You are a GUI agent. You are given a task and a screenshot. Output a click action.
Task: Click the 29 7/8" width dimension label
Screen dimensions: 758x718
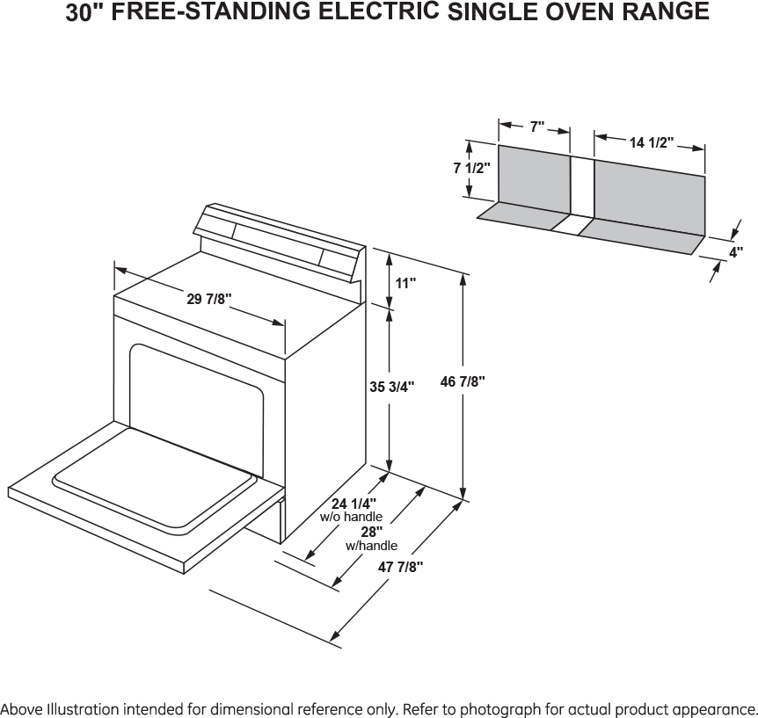point(209,299)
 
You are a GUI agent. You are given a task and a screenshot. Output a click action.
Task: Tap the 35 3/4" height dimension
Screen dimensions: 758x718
point(392,387)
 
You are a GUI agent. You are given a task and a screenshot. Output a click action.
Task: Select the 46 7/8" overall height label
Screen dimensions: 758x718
point(463,381)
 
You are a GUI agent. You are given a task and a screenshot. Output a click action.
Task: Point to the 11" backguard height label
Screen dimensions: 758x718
point(405,283)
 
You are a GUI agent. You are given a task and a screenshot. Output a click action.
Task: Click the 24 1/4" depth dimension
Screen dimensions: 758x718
point(353,504)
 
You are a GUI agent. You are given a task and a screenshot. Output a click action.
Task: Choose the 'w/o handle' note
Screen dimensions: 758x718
point(351,517)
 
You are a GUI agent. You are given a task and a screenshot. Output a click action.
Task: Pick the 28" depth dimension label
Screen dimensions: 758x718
point(372,532)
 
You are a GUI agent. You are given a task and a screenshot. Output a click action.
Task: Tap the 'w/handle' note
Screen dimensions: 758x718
point(371,546)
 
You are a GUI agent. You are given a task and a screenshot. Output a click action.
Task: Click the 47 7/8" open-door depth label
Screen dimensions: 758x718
point(400,566)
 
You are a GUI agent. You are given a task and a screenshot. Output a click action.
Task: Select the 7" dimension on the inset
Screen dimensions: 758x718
point(537,127)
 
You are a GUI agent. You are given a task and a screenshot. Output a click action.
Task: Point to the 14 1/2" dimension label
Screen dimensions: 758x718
point(652,142)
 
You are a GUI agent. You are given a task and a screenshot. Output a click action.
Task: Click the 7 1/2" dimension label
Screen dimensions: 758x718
point(471,168)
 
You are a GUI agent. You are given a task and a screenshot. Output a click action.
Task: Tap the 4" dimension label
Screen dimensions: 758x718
point(736,251)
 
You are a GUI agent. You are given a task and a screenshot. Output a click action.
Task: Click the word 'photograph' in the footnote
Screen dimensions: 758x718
point(499,709)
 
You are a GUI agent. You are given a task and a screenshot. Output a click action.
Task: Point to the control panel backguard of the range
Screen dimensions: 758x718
point(280,241)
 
